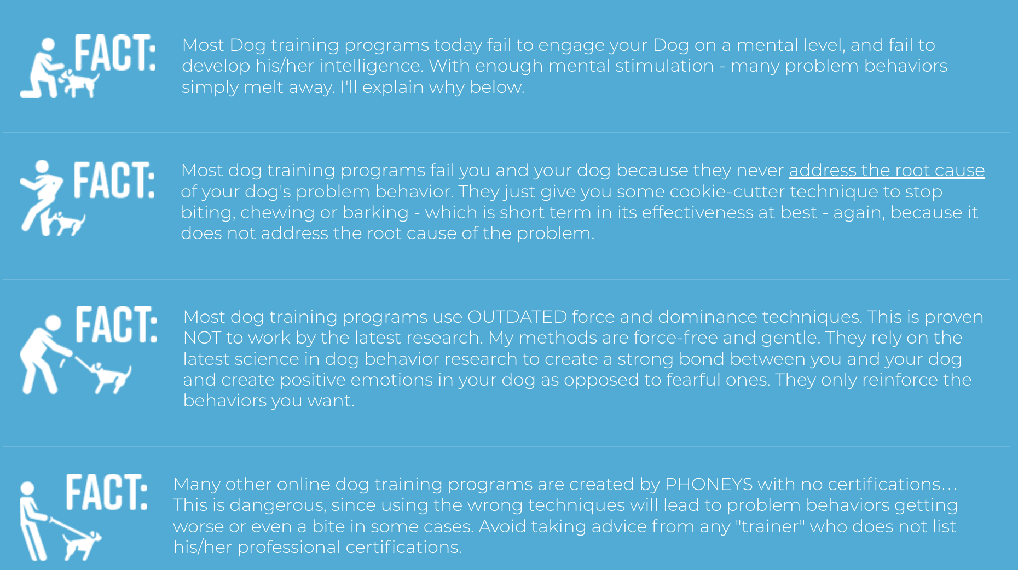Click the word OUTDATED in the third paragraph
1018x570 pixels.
click(x=517, y=317)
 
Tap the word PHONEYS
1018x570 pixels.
click(x=709, y=484)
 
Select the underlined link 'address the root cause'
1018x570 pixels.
click(x=887, y=170)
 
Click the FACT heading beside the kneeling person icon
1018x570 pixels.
click(x=114, y=53)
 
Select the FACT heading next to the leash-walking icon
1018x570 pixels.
click(x=106, y=492)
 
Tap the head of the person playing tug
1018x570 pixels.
click(x=53, y=323)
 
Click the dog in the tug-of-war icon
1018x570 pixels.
click(x=112, y=377)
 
